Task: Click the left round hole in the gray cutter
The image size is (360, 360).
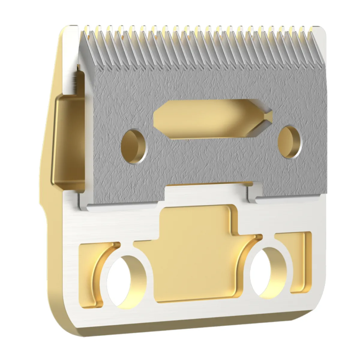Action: tap(134, 146)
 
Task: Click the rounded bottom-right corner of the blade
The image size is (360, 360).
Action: tap(321, 309)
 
